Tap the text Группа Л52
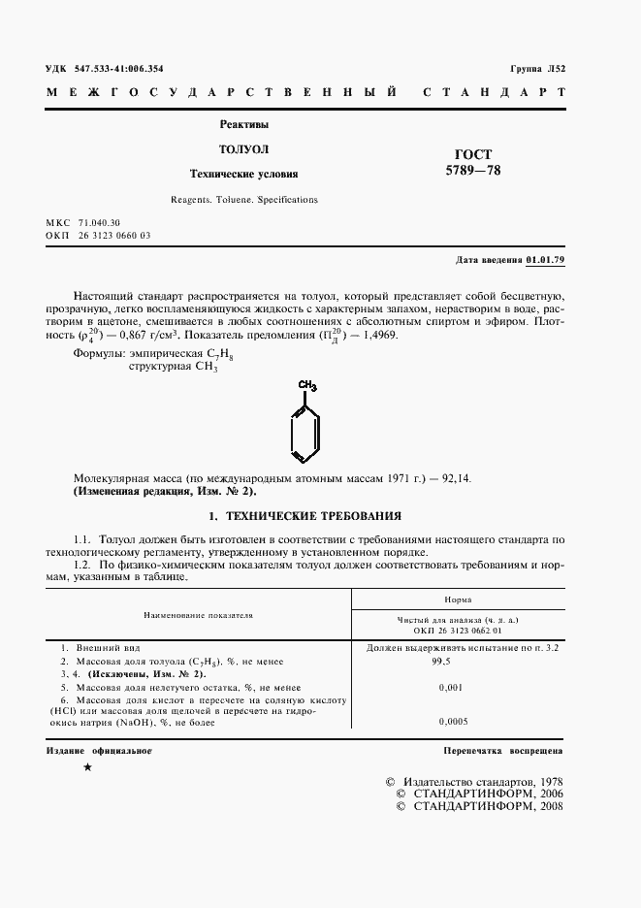coord(536,69)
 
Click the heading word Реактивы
coord(244,124)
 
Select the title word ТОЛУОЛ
coord(243,149)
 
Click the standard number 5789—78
coord(473,172)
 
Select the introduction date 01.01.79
coord(545,261)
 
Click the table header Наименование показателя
coord(198,614)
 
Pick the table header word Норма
coord(458,600)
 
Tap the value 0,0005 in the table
coord(453,722)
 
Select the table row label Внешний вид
coord(99,646)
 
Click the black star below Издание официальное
coord(89,768)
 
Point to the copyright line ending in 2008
coord(473,806)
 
